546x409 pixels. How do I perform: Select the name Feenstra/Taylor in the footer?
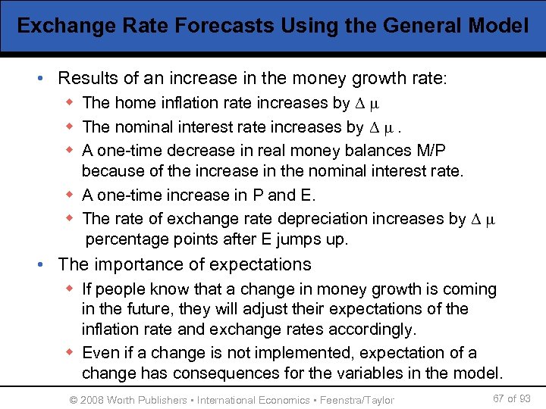coord(357,400)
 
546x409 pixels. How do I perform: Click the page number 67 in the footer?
coord(498,398)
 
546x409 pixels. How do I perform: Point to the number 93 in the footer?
coord(524,398)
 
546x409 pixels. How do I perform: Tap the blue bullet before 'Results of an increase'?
coord(46,79)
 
